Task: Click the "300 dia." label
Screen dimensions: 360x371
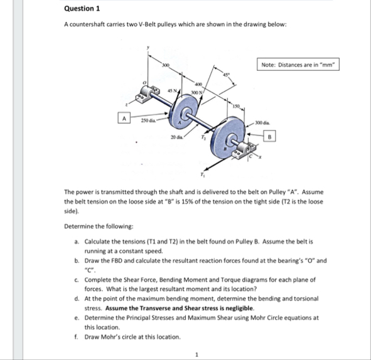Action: coord(262,121)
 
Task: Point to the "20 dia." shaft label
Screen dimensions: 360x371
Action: coord(175,136)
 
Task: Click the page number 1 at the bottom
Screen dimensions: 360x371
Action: coord(196,354)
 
